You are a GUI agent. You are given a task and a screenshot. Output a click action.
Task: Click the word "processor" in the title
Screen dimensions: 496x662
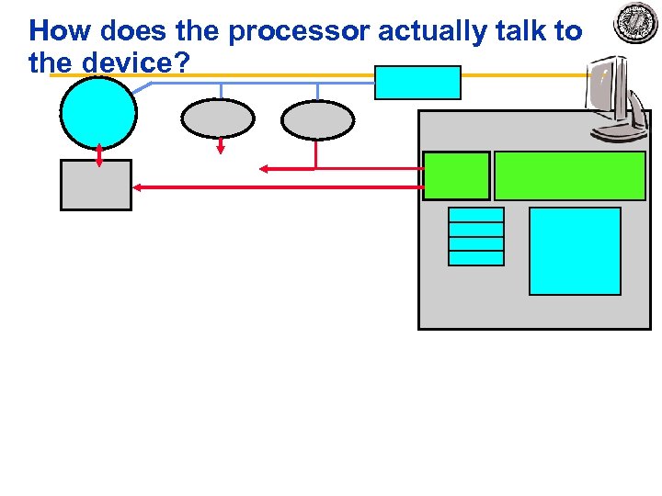coord(298,32)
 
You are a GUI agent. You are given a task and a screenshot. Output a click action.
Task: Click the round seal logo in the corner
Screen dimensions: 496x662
coord(636,24)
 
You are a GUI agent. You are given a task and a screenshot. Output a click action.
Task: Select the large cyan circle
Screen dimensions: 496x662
coord(98,112)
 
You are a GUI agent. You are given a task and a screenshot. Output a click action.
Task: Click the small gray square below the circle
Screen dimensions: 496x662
coord(97,185)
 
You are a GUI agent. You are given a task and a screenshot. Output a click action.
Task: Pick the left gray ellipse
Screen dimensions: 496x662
coord(218,118)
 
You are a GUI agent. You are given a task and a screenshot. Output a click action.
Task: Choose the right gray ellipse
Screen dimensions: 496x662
coord(317,119)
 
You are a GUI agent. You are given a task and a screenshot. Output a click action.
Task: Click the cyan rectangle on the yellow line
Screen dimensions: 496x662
coord(418,83)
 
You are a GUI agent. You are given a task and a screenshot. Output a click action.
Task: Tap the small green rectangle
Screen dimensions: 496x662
coord(456,175)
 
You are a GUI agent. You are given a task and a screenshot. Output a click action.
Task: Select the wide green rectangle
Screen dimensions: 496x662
coord(570,175)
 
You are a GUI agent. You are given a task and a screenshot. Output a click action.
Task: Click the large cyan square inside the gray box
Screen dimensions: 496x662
coord(576,251)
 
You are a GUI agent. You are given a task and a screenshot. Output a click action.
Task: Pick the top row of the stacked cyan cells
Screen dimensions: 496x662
coord(476,215)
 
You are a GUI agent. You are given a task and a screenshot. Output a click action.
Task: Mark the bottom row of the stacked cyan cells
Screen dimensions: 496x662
coord(476,258)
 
